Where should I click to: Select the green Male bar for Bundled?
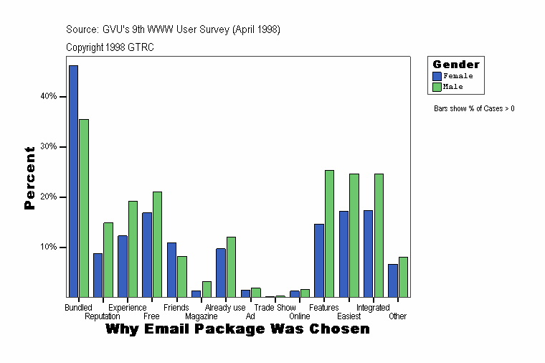click(84, 208)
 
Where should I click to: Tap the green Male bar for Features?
click(329, 233)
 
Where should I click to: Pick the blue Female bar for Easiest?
click(343, 254)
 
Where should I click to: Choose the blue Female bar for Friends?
click(171, 270)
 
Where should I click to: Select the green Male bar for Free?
click(157, 244)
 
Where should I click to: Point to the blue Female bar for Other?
click(392, 280)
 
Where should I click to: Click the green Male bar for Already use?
click(231, 267)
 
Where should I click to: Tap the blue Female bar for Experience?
click(123, 266)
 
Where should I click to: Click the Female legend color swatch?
click(437, 76)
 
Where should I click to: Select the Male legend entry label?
click(453, 87)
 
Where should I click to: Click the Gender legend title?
click(456, 65)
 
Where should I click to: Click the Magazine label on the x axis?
click(202, 316)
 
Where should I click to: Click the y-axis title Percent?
click(29, 178)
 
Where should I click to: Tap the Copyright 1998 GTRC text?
click(110, 47)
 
